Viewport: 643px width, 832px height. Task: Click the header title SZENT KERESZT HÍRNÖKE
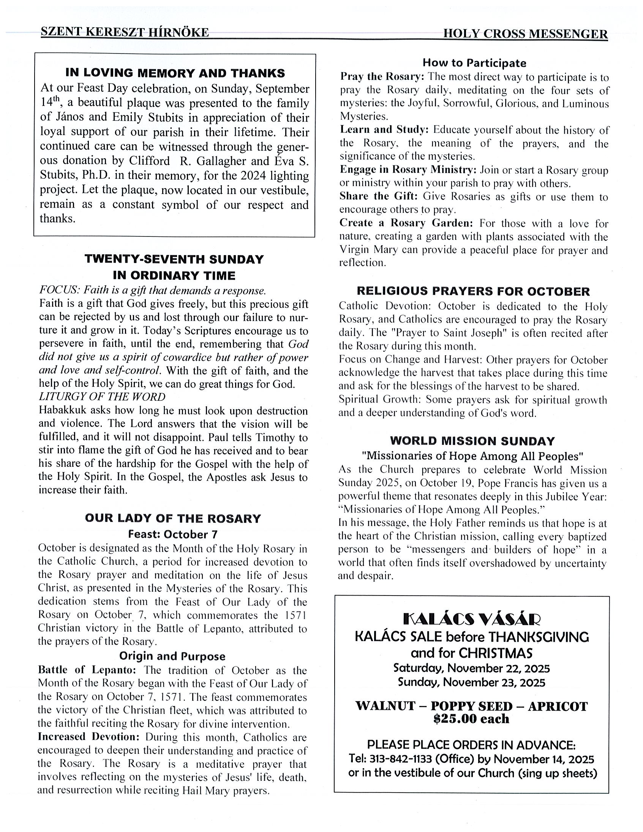tap(125, 32)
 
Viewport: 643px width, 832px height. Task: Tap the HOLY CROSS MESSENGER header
tap(525, 34)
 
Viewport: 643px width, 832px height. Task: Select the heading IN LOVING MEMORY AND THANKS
tap(175, 73)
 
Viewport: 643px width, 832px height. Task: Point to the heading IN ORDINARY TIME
tap(174, 275)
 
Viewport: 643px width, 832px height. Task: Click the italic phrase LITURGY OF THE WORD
tap(102, 397)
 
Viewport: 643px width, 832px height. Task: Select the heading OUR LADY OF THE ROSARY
tap(173, 518)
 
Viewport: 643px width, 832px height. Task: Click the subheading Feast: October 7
tap(173, 534)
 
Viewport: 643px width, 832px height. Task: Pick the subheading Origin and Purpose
tap(172, 656)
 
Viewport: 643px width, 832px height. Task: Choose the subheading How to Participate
tap(474, 63)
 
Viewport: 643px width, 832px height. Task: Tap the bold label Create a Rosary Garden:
tap(406, 223)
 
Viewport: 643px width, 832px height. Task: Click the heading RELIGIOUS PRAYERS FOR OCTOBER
tap(473, 292)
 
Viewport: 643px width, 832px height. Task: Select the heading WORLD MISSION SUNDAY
tap(472, 441)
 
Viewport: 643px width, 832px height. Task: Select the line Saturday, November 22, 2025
tap(471, 668)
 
